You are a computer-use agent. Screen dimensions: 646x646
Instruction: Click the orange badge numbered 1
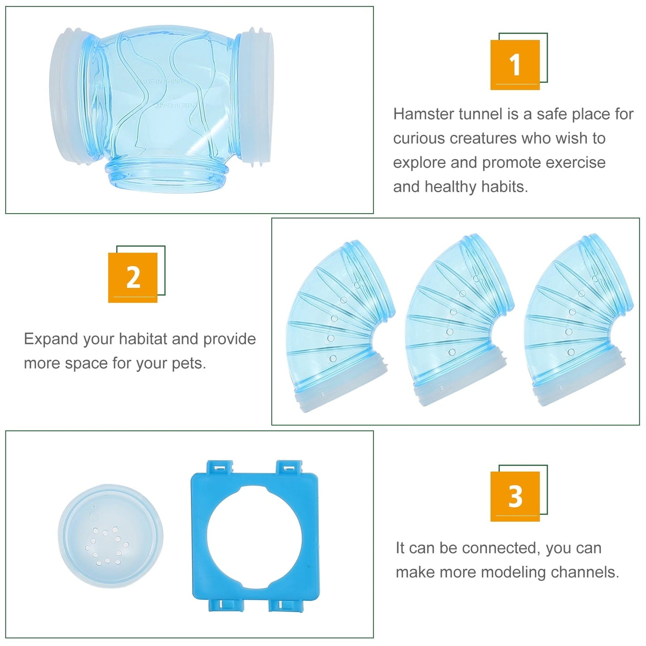tap(515, 65)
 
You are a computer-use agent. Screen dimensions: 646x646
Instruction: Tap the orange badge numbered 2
tap(133, 278)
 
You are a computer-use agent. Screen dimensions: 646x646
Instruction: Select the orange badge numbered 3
tap(515, 496)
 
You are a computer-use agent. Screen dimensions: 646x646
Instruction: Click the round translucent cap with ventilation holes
tap(110, 536)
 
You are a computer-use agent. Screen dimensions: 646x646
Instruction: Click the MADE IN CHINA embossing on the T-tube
tap(160, 82)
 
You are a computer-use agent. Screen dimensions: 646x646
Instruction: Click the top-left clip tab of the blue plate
tap(220, 468)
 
